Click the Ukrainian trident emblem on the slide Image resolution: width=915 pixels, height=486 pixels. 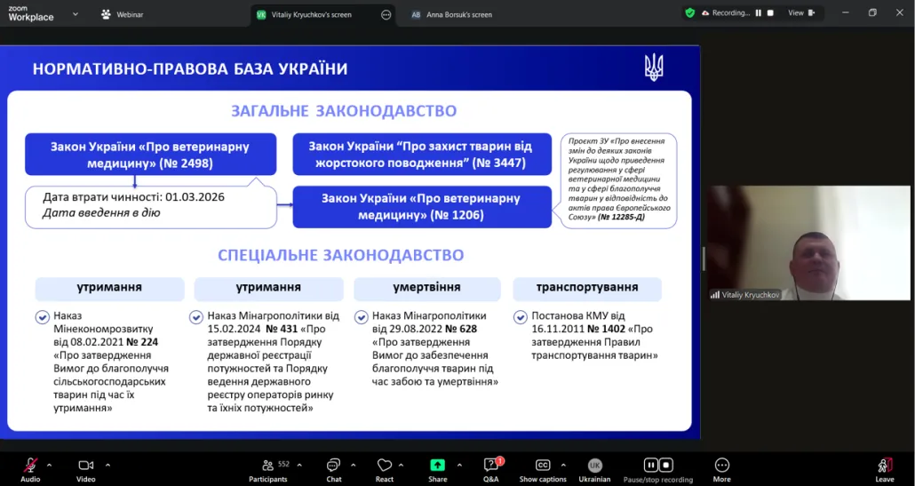[x=654, y=68]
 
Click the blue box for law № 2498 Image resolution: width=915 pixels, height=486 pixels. [x=150, y=155]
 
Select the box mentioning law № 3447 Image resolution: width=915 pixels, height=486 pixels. [x=422, y=155]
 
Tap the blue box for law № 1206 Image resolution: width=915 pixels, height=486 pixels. [x=422, y=207]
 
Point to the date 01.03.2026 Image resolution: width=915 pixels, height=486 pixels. [x=195, y=197]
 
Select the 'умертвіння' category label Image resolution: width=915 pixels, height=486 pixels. [x=426, y=288]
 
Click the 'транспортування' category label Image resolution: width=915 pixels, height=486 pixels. [x=587, y=288]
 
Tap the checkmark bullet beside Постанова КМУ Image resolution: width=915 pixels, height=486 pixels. [x=520, y=317]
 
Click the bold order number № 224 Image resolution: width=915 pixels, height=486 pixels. [x=142, y=342]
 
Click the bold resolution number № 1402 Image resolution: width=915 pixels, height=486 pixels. [x=606, y=329]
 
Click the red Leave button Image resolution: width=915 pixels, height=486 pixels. [x=885, y=470]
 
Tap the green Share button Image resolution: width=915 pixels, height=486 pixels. [x=437, y=470]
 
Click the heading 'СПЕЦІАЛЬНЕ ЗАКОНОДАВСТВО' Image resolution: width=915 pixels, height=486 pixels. [x=341, y=256]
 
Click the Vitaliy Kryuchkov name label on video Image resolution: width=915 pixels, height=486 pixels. [x=750, y=295]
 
